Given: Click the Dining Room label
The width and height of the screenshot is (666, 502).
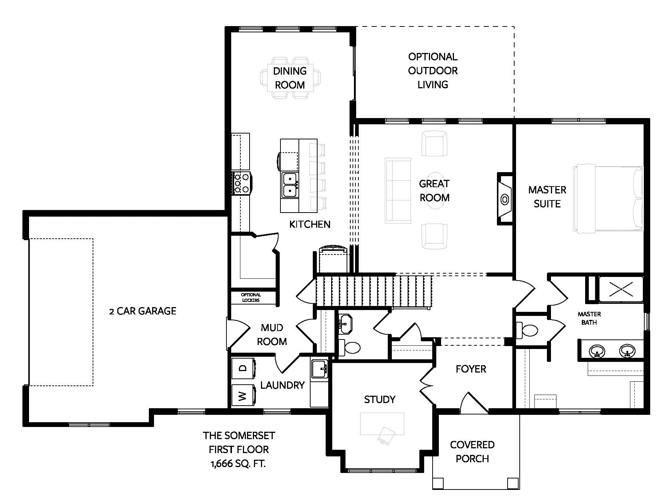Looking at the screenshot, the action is (290, 78).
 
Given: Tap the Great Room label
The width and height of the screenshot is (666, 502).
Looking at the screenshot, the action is (434, 191).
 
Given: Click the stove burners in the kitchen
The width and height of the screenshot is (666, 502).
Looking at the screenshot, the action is (241, 183).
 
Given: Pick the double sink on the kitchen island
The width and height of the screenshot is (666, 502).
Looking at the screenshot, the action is (290, 185).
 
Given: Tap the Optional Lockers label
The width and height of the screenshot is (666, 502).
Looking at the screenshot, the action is (251, 298).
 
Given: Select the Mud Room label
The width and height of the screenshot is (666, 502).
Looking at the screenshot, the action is (272, 335).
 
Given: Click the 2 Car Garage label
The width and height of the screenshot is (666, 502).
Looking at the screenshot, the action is (143, 311).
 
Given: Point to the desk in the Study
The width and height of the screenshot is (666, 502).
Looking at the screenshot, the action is (382, 424).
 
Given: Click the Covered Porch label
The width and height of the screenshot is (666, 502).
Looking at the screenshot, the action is (472, 452).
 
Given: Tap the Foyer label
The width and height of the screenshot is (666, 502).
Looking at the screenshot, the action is (471, 369).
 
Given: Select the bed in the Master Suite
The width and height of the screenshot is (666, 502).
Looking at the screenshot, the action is (608, 198).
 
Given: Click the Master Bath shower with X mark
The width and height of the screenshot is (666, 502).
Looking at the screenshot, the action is (621, 289).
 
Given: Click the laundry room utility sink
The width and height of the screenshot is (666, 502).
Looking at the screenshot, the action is (319, 369).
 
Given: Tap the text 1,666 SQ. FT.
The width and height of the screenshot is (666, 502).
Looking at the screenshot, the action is (238, 464).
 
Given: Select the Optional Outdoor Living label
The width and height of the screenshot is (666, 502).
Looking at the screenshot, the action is (433, 71).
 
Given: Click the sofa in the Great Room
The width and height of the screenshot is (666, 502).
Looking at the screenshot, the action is (398, 191).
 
